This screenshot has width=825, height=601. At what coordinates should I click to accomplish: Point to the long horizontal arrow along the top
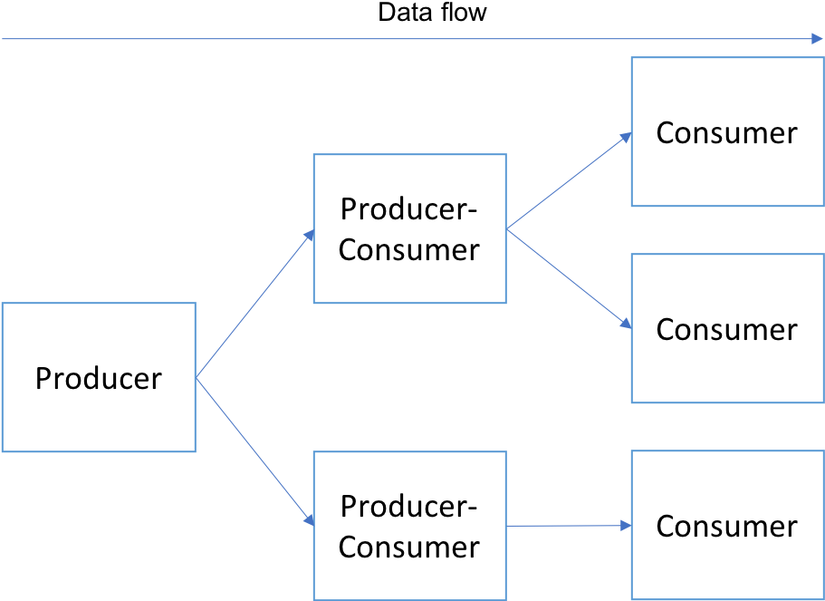coord(408,39)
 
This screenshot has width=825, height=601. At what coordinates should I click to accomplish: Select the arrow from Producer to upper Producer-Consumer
coord(254,305)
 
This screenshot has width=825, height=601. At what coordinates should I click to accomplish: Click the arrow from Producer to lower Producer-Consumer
coord(254,451)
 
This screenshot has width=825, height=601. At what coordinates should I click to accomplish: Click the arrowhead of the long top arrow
coord(816,39)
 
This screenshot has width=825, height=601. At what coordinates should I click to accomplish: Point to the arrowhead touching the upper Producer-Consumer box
coord(308,235)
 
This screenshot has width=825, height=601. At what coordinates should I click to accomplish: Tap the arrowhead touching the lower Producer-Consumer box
coord(308,520)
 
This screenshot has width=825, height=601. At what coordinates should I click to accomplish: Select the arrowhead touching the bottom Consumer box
coord(625,526)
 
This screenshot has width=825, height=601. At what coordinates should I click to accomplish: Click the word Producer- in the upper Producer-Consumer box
coord(409,209)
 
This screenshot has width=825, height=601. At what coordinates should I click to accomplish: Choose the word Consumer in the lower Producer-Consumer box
coord(409,547)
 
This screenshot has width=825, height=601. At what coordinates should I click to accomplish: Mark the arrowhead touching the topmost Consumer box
coord(625,137)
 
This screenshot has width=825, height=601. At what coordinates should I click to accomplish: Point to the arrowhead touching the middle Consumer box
coord(625,324)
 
